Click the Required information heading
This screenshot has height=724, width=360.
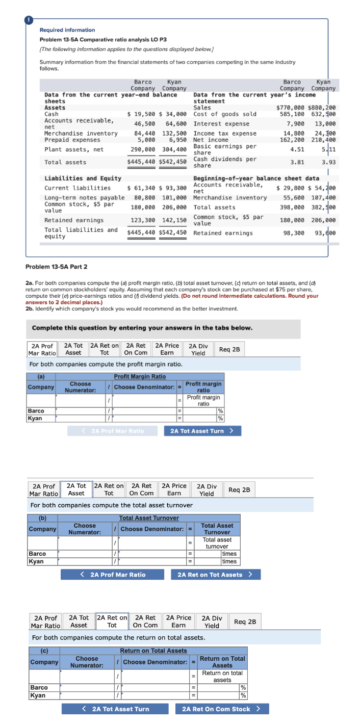[x=67, y=30]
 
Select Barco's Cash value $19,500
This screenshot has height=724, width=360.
[x=141, y=114]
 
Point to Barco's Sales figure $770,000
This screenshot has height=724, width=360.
[x=291, y=108]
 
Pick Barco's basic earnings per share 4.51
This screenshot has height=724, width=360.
[x=297, y=149]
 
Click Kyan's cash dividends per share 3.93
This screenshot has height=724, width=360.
[x=328, y=162]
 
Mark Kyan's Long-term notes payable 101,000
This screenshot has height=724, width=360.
[x=174, y=197]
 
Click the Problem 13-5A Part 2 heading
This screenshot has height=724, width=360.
[x=56, y=267]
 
